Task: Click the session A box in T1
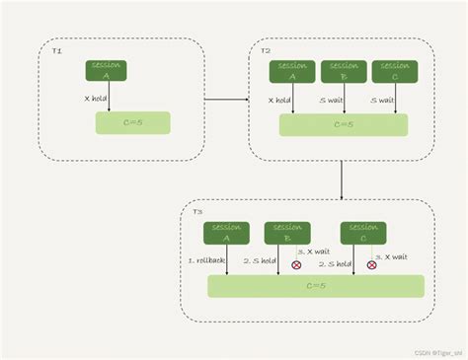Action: pyautogui.click(x=108, y=70)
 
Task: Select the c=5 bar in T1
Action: pyautogui.click(x=132, y=123)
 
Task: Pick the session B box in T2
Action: pyautogui.click(x=344, y=71)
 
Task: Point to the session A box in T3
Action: pyautogui.click(x=226, y=232)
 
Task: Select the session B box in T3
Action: pyautogui.click(x=287, y=232)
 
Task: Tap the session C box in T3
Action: pyautogui.click(x=362, y=232)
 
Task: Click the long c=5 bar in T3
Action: pyautogui.click(x=316, y=286)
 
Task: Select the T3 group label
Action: pyautogui.click(x=197, y=211)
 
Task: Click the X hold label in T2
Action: pyautogui.click(x=280, y=99)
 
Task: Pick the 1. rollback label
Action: pyautogui.click(x=205, y=261)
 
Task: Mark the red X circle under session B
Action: pyautogui.click(x=296, y=264)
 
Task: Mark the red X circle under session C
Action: pyautogui.click(x=371, y=264)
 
